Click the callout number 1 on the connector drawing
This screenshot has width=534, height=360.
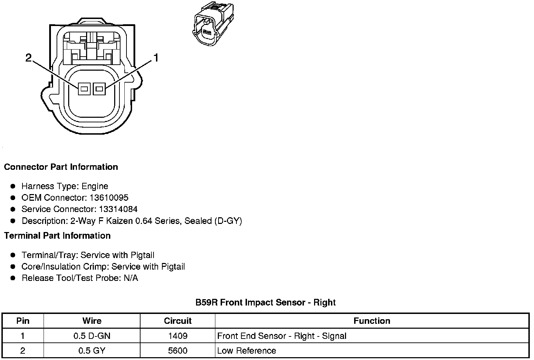156,57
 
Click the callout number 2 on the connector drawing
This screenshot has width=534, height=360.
29,57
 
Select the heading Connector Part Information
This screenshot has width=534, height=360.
61,167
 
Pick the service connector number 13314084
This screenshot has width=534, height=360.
118,209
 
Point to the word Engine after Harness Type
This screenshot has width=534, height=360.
95,186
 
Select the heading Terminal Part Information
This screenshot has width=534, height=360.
57,236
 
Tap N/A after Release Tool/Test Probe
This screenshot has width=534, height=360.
131,278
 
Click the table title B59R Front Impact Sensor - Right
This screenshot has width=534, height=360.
266,302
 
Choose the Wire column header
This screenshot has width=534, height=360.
92,321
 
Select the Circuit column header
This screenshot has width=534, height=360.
178,321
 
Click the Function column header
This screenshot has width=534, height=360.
372,321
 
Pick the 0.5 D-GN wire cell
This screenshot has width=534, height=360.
92,336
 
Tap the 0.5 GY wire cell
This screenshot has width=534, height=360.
92,351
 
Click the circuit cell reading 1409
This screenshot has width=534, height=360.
178,336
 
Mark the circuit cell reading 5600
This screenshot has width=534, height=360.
178,351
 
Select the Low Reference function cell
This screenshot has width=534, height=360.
247,351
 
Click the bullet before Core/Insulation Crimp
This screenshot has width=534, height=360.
13,266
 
